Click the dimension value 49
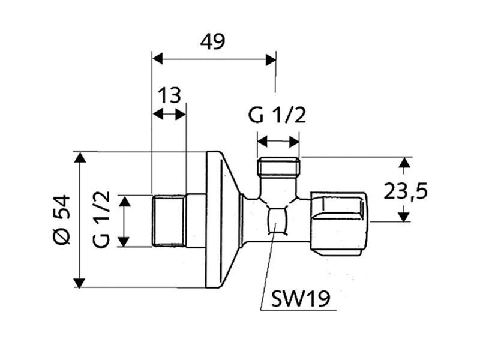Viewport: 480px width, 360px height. [212, 41]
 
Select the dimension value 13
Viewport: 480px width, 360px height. [170, 95]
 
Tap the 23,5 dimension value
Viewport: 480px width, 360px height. [406, 191]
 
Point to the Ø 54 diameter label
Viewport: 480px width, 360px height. [62, 220]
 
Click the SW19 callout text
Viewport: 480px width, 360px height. [301, 298]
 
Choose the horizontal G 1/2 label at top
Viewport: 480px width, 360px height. [277, 115]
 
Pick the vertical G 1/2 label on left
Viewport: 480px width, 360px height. [101, 219]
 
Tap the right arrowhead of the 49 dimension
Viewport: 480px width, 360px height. [271, 59]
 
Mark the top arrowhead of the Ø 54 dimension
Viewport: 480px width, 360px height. [80, 157]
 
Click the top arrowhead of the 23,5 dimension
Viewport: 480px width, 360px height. [404, 162]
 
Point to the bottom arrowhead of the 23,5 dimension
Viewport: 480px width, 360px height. [404, 217]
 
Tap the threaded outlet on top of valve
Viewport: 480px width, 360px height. [278, 167]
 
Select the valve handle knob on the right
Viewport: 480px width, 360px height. [340, 224]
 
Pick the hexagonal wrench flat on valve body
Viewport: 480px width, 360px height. [277, 220]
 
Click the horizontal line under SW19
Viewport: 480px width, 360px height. [298, 310]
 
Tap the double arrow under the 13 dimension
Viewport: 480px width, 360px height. [169, 115]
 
